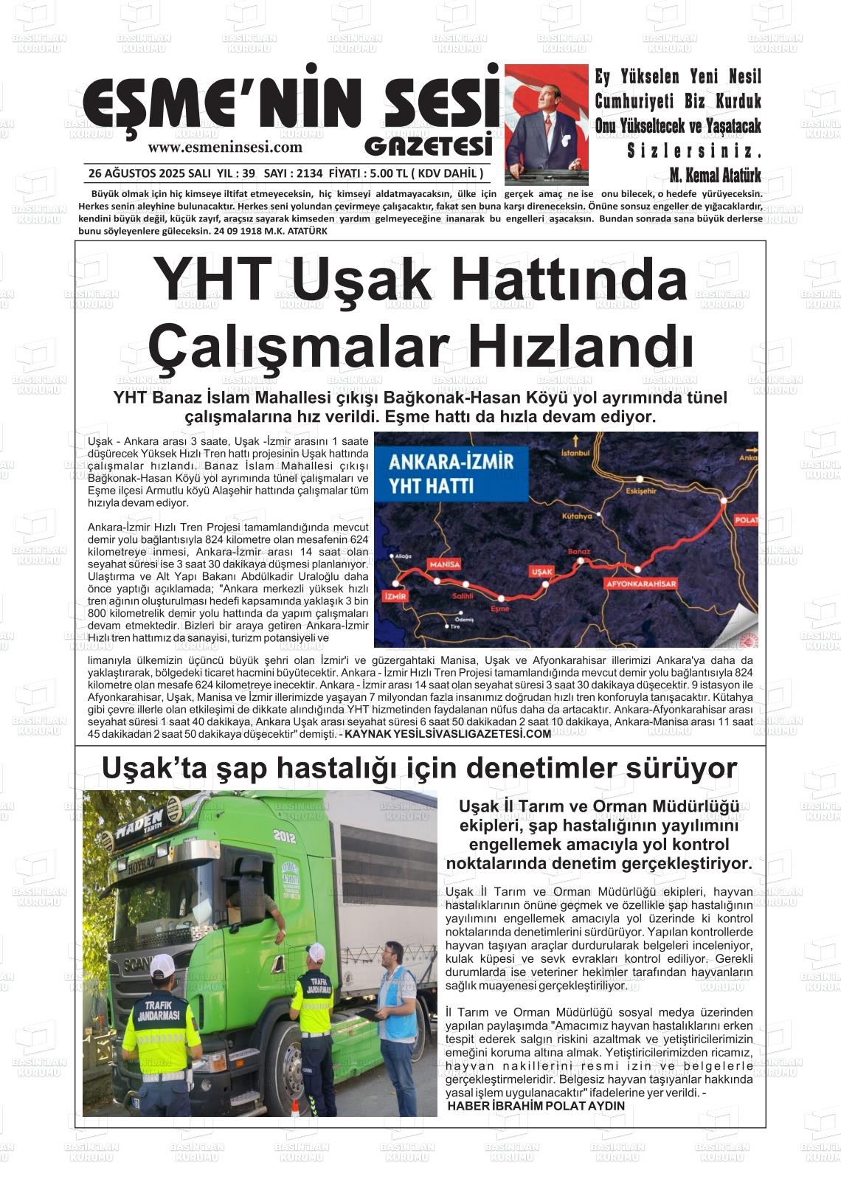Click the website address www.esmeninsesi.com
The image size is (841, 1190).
[x=225, y=147]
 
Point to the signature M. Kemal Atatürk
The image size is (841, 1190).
[x=715, y=175]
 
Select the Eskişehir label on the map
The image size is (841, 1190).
[x=640, y=490]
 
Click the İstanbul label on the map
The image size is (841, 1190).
[x=577, y=452]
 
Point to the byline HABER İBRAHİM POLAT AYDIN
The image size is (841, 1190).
[x=536, y=1106]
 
